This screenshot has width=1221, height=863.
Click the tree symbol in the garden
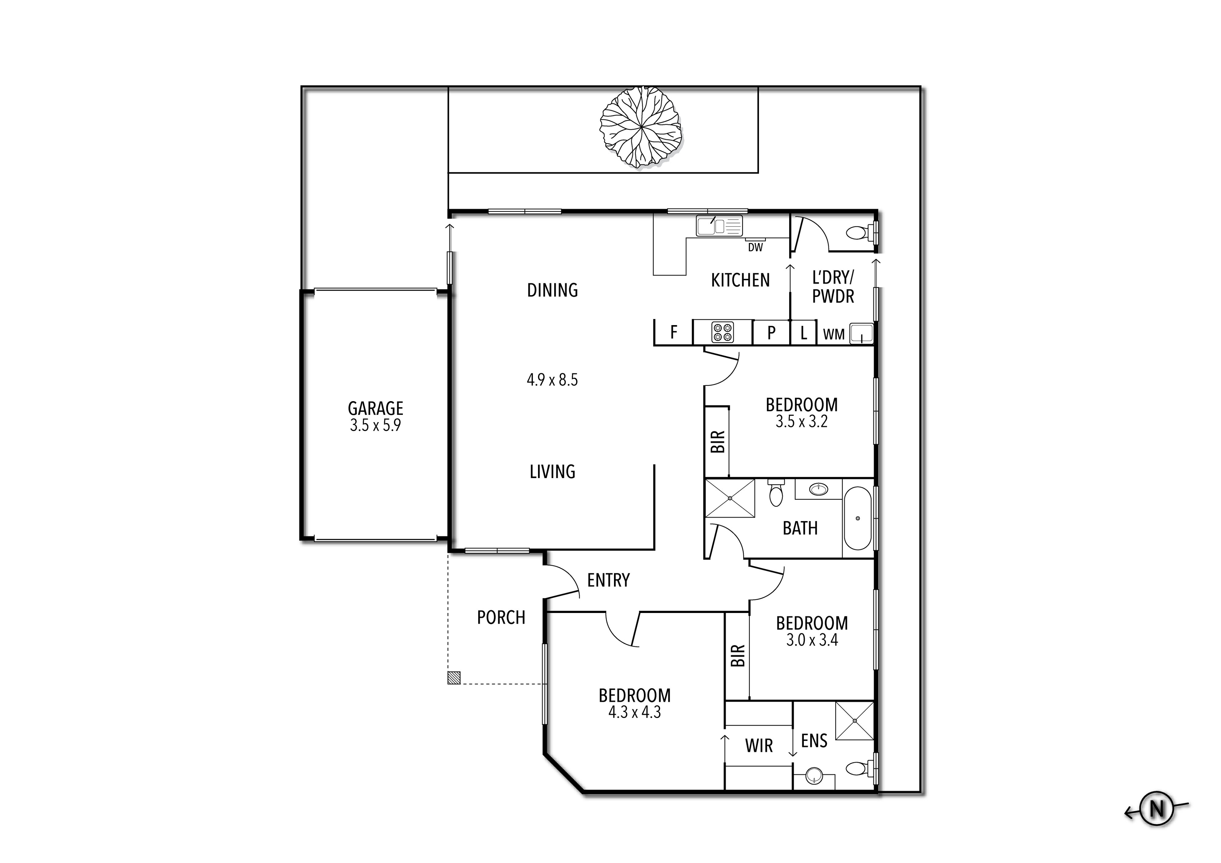point(640,128)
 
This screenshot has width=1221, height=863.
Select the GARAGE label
point(376,409)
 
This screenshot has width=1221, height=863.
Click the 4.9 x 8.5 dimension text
point(552,380)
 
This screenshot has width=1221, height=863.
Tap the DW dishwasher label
point(755,247)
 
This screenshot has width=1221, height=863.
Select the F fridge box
point(673,332)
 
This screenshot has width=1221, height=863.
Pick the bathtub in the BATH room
point(857,518)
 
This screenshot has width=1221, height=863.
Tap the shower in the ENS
point(855,720)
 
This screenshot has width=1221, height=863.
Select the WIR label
point(759,746)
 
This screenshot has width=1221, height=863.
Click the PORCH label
point(501,617)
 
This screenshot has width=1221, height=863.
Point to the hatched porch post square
point(454,678)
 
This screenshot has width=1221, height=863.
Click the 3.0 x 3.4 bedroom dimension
point(812,639)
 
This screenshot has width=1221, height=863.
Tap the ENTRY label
point(608,580)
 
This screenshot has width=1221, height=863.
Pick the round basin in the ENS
point(814,776)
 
